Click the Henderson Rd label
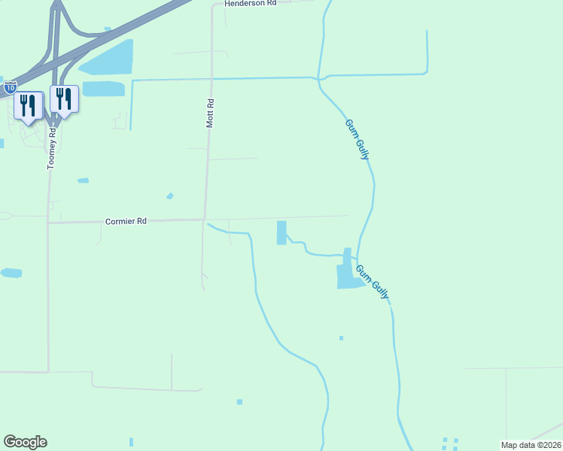252,3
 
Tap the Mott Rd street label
212,112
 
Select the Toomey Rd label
51,148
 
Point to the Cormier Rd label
126,222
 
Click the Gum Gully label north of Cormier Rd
358,139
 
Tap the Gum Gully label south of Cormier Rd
373,281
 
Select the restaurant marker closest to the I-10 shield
28,106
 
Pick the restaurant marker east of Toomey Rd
65,100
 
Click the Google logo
25,442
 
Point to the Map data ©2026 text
531,445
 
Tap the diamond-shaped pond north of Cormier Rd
170,196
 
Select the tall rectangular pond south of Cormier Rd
281,232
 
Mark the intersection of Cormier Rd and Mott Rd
205,219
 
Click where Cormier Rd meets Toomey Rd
48,222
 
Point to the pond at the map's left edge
11,273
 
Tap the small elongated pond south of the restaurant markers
83,180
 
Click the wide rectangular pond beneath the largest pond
103,89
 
